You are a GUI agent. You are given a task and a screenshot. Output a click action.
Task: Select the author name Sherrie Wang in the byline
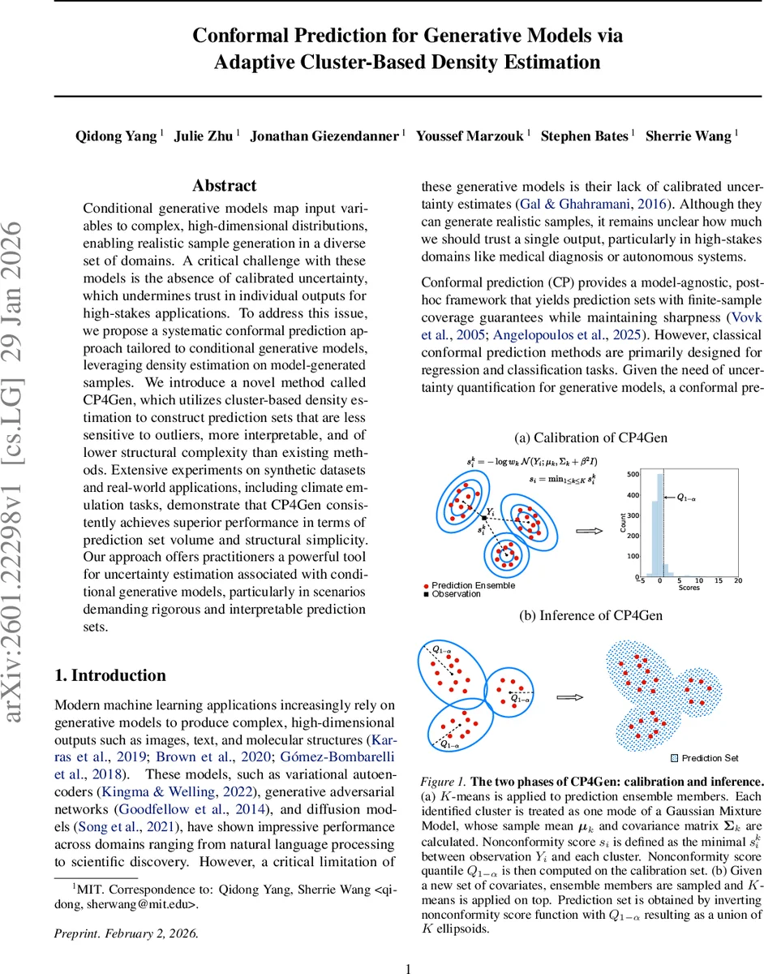point(688,136)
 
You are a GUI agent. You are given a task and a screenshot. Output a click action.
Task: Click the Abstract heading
point(225,186)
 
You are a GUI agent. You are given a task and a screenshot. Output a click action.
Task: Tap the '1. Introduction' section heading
point(109,675)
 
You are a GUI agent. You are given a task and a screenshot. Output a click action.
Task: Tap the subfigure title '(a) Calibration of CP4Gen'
point(591,437)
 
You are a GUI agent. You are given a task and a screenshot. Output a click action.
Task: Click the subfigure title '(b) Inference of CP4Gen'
point(591,614)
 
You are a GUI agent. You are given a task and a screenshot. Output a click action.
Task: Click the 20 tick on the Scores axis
point(737,581)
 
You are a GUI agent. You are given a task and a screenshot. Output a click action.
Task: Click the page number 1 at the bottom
point(409,946)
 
